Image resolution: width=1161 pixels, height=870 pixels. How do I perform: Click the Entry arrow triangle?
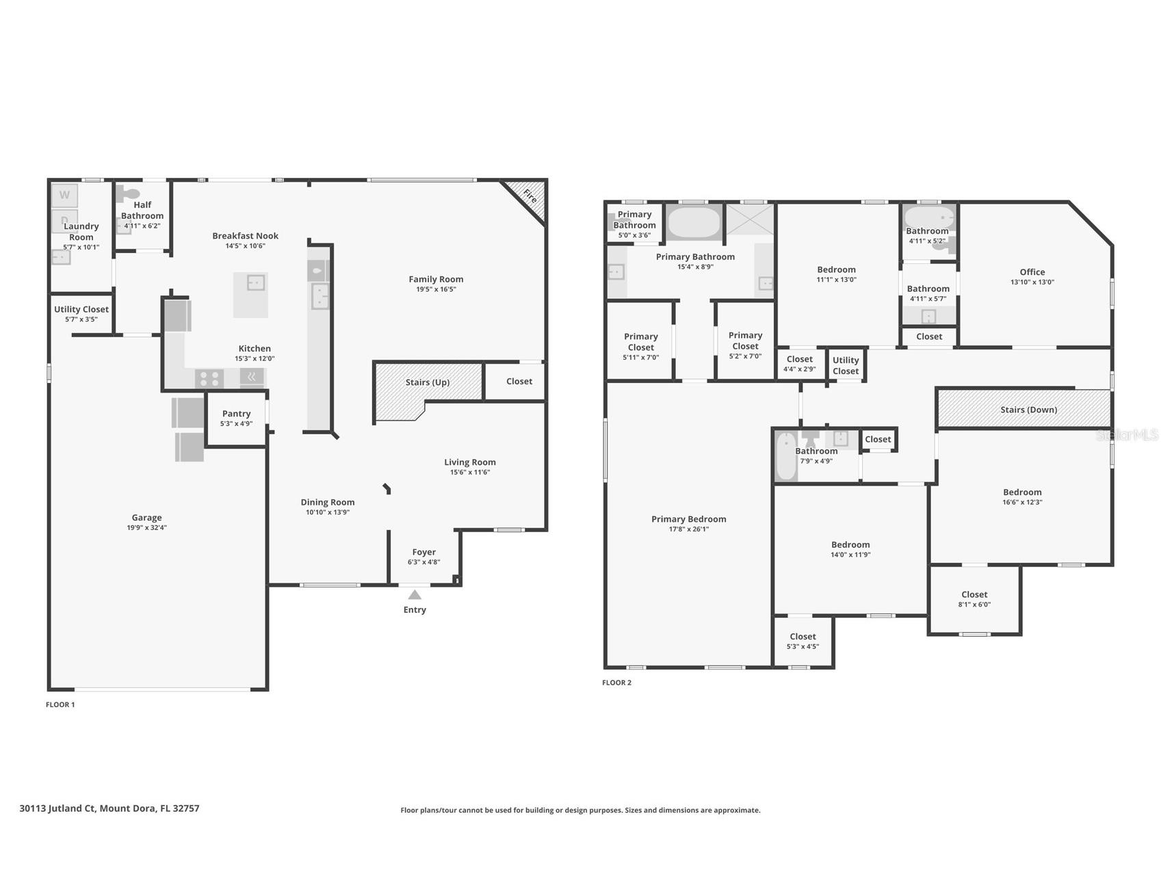pos(415,595)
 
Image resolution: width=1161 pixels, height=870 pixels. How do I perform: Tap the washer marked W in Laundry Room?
pos(64,195)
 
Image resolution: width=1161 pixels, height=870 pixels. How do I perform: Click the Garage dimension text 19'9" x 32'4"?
pos(146,528)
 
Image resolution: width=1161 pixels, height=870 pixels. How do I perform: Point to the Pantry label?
pos(236,414)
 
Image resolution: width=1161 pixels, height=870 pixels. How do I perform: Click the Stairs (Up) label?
pos(428,382)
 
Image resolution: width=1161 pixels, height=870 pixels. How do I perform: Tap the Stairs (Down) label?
pos(1028,410)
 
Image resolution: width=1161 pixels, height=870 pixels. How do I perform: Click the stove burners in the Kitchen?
pos(209,378)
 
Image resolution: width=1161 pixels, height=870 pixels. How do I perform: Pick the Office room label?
pos(1032,272)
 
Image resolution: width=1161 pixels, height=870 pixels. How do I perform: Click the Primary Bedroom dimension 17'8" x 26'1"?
pos(688,529)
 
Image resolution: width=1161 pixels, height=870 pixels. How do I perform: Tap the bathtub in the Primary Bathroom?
pos(694,222)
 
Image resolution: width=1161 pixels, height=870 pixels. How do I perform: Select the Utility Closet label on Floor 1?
pos(81,310)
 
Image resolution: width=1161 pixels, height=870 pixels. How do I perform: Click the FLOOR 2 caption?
pos(616,683)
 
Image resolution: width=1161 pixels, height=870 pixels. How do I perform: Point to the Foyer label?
pos(423,552)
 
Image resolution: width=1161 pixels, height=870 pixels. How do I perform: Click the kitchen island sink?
pos(256,282)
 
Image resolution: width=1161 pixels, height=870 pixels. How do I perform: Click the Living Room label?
pos(469,462)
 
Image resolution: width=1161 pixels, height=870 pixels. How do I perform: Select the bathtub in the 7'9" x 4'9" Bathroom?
pos(785,457)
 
